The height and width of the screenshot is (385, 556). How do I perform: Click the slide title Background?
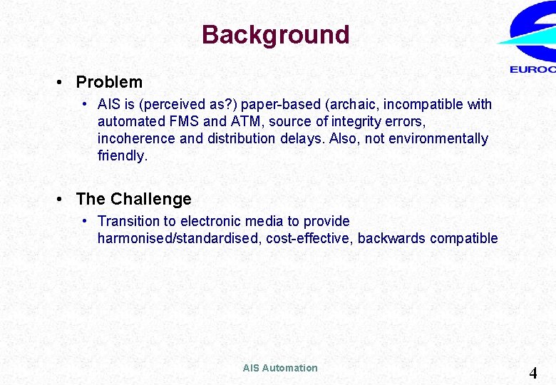tap(275, 35)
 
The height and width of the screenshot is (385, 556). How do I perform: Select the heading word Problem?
tap(109, 82)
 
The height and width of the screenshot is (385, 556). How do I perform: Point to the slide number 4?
tap(532, 372)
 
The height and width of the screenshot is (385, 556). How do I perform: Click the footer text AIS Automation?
tap(280, 368)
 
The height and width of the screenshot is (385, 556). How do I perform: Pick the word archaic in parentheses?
tap(353, 104)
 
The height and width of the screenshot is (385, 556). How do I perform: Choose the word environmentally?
tap(440, 138)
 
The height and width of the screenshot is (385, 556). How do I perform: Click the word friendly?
tap(121, 155)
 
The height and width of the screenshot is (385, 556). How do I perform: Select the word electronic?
tap(183, 221)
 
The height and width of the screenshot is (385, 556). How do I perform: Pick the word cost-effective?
tap(309, 238)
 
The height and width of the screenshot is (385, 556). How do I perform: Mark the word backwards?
tap(391, 238)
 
